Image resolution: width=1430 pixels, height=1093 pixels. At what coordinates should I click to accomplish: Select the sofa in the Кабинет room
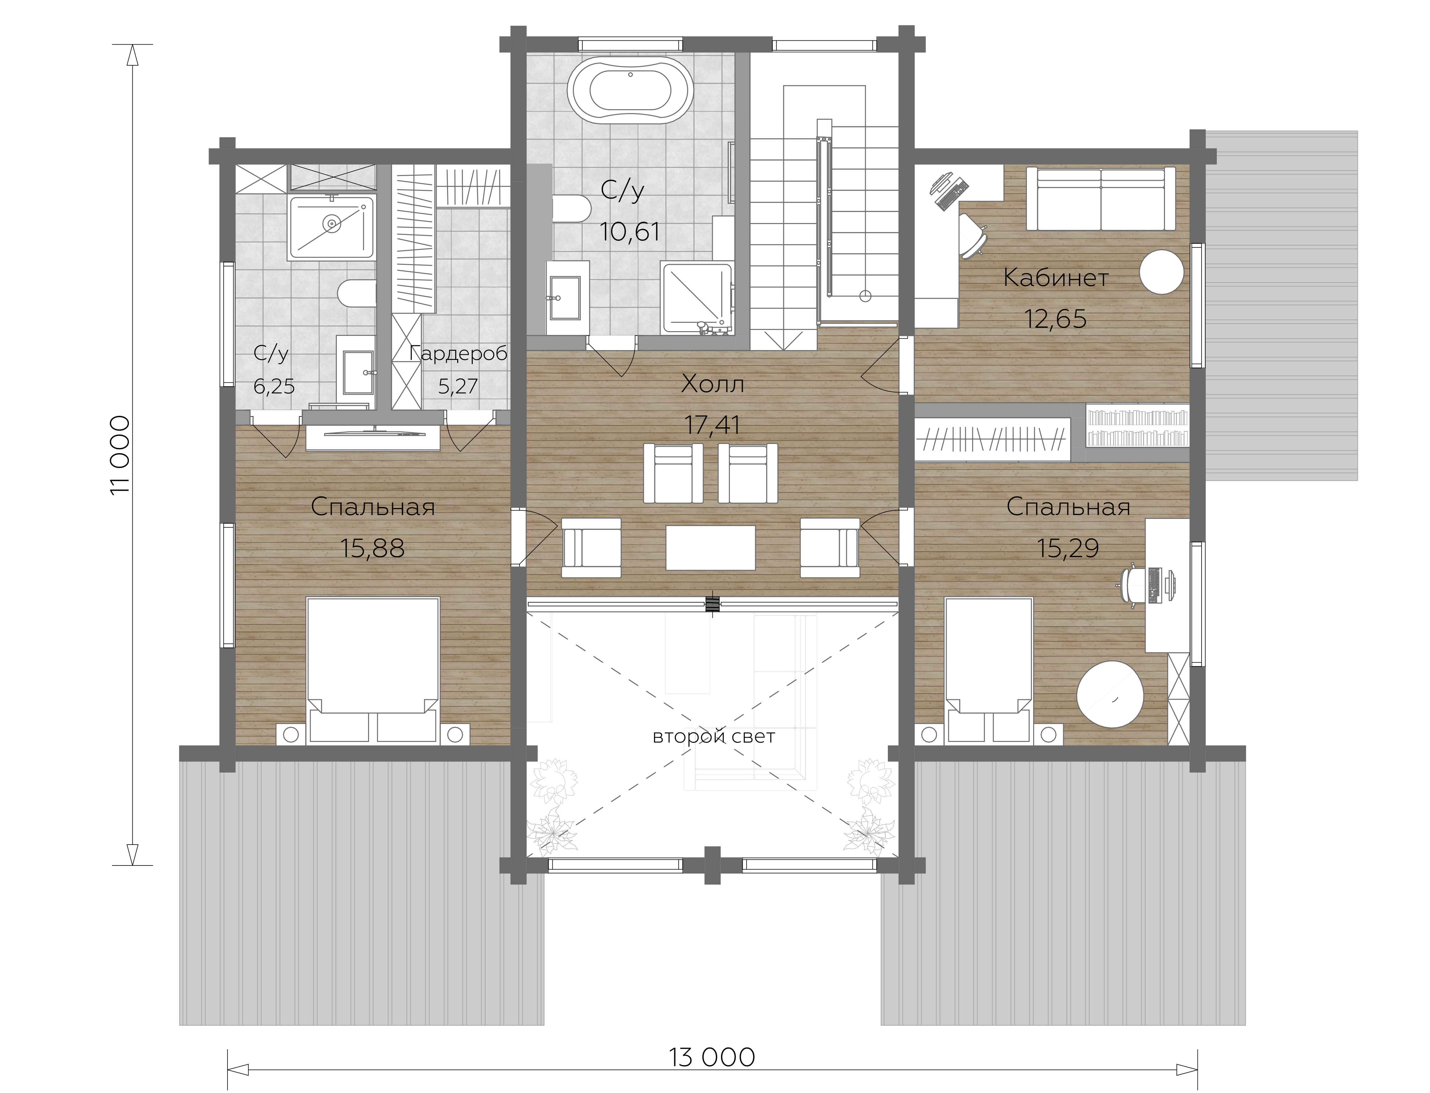[1101, 198]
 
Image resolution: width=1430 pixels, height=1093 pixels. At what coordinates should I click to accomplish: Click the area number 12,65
[1055, 319]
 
